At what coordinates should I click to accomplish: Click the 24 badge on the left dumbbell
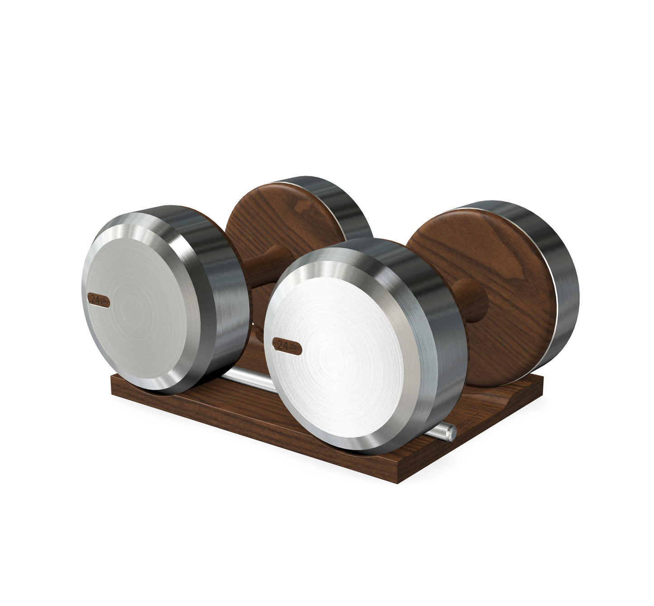pyautogui.click(x=99, y=299)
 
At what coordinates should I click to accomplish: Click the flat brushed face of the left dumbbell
pyautogui.click(x=149, y=312)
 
